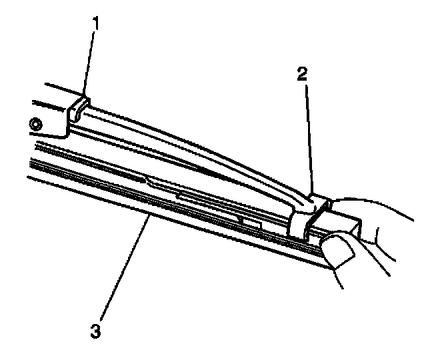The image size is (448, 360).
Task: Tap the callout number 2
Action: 302,73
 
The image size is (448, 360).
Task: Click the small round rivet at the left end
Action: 35,122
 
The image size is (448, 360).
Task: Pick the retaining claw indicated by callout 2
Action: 307,212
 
